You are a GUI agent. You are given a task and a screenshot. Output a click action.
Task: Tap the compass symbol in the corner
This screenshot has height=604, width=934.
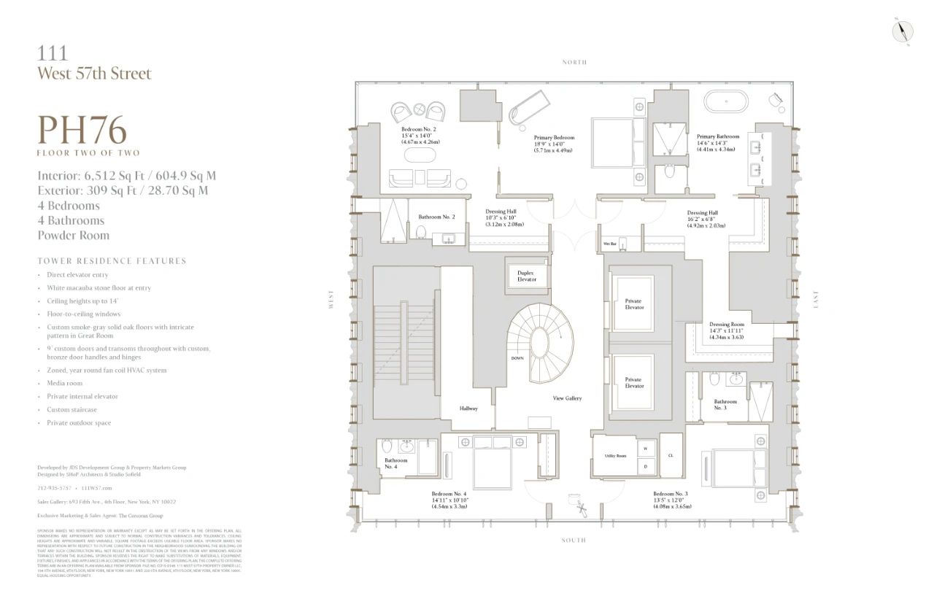(x=903, y=31)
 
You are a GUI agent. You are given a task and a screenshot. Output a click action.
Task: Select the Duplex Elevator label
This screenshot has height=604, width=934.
(x=526, y=276)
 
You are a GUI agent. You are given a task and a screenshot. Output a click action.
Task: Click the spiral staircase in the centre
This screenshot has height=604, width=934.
(x=541, y=342)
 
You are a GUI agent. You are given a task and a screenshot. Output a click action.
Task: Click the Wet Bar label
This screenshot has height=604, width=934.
(x=609, y=244)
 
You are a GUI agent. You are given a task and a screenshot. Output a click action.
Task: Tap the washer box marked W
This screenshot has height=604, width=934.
(x=645, y=449)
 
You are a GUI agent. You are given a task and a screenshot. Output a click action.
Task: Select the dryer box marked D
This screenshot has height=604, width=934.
(x=645, y=465)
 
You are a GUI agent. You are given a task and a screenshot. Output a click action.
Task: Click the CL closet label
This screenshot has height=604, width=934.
(x=670, y=455)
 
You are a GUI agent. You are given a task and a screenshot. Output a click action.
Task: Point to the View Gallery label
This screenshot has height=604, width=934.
(x=567, y=398)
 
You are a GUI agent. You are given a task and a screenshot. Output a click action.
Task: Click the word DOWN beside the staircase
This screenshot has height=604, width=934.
(x=517, y=358)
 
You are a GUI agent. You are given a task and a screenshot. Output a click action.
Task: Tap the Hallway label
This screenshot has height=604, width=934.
(x=468, y=409)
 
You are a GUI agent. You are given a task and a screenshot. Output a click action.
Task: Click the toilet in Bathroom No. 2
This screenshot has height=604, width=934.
(x=421, y=232)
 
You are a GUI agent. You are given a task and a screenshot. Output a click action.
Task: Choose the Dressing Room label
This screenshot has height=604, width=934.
(x=726, y=325)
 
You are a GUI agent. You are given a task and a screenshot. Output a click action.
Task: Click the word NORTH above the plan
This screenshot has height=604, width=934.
(x=574, y=63)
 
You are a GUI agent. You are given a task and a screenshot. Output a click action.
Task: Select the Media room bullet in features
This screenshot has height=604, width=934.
(x=64, y=383)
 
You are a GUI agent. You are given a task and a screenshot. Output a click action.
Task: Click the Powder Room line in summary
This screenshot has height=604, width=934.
(x=73, y=235)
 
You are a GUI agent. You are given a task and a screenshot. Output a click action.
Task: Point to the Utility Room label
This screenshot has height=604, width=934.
(x=615, y=455)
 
